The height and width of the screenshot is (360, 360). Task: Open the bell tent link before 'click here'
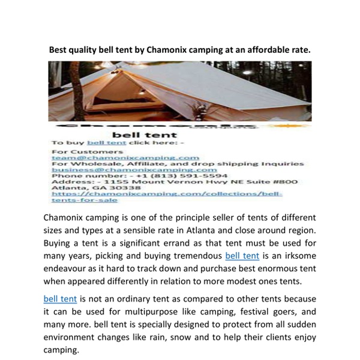click(107, 143)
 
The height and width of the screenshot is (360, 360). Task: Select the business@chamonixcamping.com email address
click(134, 170)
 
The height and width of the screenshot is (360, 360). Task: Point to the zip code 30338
click(127, 188)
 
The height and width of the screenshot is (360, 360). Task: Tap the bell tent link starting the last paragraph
click(60, 299)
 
